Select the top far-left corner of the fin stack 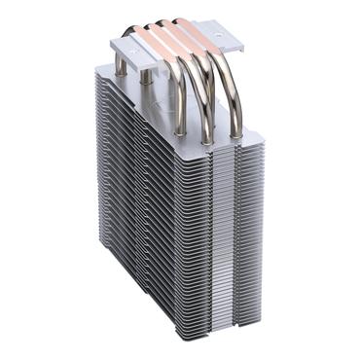[97, 66]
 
